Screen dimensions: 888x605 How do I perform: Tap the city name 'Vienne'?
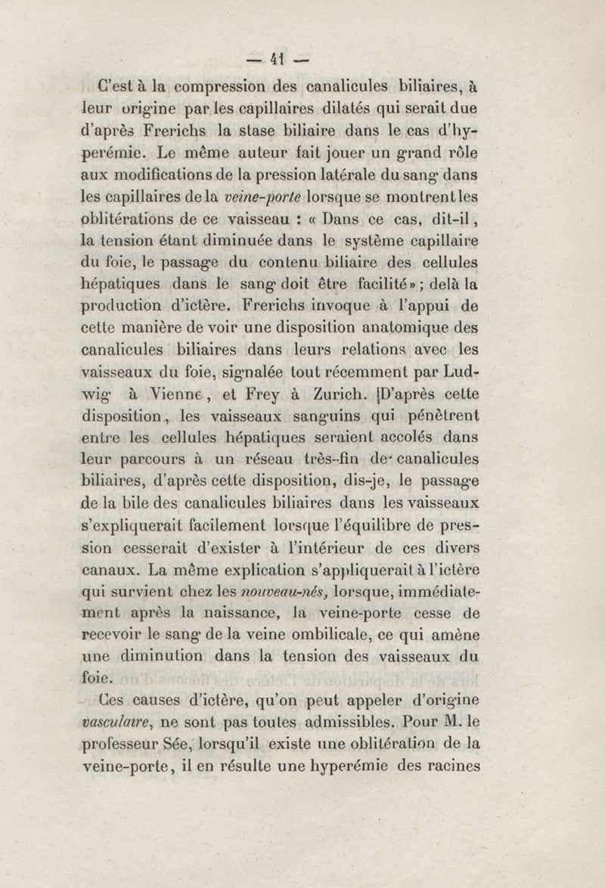pos(179,394)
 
